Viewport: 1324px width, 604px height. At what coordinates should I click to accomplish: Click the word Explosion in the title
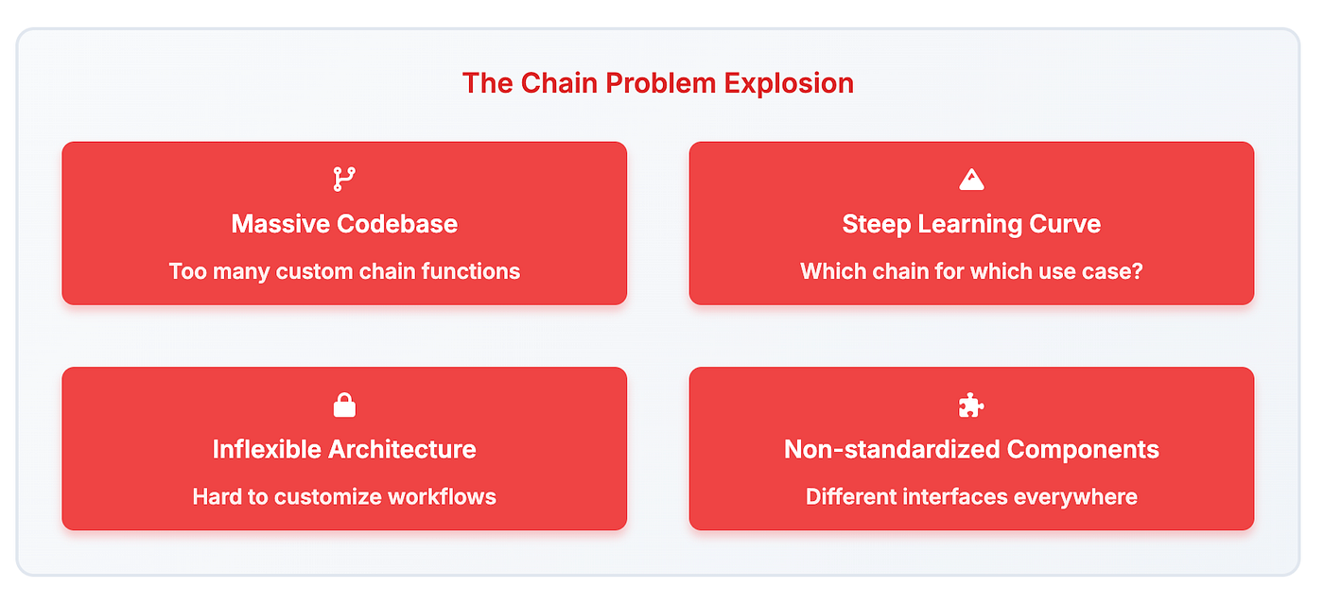tap(789, 83)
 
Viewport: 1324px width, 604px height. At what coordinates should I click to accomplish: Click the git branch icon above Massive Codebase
tap(344, 179)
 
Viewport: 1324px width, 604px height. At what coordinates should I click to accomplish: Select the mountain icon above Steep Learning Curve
tap(972, 179)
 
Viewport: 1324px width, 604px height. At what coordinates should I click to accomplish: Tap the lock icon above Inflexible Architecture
tap(344, 405)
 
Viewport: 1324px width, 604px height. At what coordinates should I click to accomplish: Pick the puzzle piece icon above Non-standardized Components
tap(971, 405)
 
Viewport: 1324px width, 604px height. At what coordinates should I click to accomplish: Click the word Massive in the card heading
tap(280, 224)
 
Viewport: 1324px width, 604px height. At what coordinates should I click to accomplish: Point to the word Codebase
tap(397, 224)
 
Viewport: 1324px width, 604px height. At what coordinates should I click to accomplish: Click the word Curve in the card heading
tap(1065, 224)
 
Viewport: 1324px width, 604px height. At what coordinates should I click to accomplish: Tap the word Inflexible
tap(267, 450)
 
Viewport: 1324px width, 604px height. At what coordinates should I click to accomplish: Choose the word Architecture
tap(402, 450)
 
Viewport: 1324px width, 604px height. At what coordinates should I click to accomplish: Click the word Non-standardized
tap(892, 450)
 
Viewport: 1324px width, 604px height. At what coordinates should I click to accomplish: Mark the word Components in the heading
tap(1083, 450)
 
